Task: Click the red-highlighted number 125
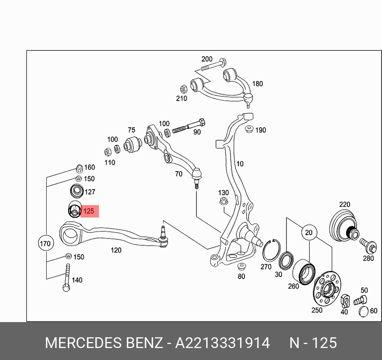point(89,211)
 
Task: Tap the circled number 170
point(45,243)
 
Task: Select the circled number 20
point(309,232)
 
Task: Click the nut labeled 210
point(184,89)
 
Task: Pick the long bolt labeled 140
point(67,277)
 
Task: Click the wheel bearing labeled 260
point(304,272)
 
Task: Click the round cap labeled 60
point(364,311)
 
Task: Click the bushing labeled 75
point(132,144)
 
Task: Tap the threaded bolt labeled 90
point(189,126)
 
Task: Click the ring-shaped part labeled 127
point(77,191)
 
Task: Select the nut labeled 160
point(79,168)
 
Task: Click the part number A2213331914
point(222,343)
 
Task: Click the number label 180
point(257,84)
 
